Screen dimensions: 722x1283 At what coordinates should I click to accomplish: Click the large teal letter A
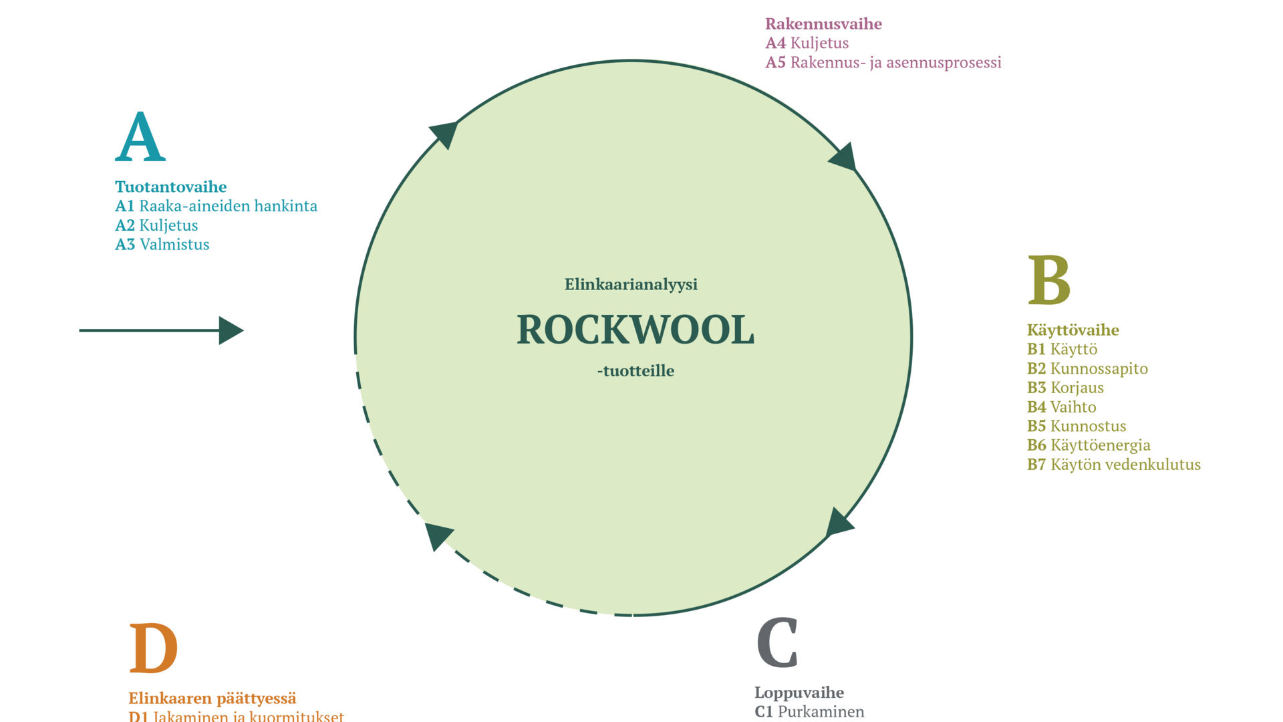point(140,137)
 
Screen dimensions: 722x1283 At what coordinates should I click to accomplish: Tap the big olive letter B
point(1049,281)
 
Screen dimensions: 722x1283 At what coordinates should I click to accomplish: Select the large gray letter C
point(778,643)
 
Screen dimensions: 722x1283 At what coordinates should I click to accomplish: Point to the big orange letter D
point(153,648)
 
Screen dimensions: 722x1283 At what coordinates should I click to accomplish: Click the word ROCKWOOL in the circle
point(635,330)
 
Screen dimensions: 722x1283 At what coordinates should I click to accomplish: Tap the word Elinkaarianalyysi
point(631,285)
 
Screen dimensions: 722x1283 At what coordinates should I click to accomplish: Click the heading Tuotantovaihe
point(170,187)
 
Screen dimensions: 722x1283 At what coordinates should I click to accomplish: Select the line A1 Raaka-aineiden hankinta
point(216,206)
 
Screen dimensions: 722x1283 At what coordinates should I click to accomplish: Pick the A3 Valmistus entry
point(162,245)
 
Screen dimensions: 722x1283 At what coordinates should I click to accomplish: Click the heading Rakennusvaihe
point(823,24)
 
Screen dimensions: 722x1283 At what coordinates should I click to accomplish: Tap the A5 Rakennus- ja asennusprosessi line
point(883,63)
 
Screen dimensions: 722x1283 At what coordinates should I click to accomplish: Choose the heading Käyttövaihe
point(1073,330)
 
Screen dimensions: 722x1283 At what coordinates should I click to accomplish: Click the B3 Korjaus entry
point(1065,388)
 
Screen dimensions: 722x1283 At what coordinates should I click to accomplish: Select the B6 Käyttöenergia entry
point(1089,445)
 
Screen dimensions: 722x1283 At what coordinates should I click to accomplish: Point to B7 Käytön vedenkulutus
point(1113,465)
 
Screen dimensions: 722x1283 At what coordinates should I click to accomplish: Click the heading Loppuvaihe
point(799,693)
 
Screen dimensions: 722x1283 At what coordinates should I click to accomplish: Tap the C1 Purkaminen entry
point(809,712)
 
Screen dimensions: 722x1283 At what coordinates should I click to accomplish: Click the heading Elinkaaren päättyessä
point(212,699)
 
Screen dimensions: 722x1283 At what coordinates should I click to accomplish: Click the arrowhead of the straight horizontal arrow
point(231,330)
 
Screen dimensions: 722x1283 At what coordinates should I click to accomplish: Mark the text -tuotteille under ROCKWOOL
point(635,371)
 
